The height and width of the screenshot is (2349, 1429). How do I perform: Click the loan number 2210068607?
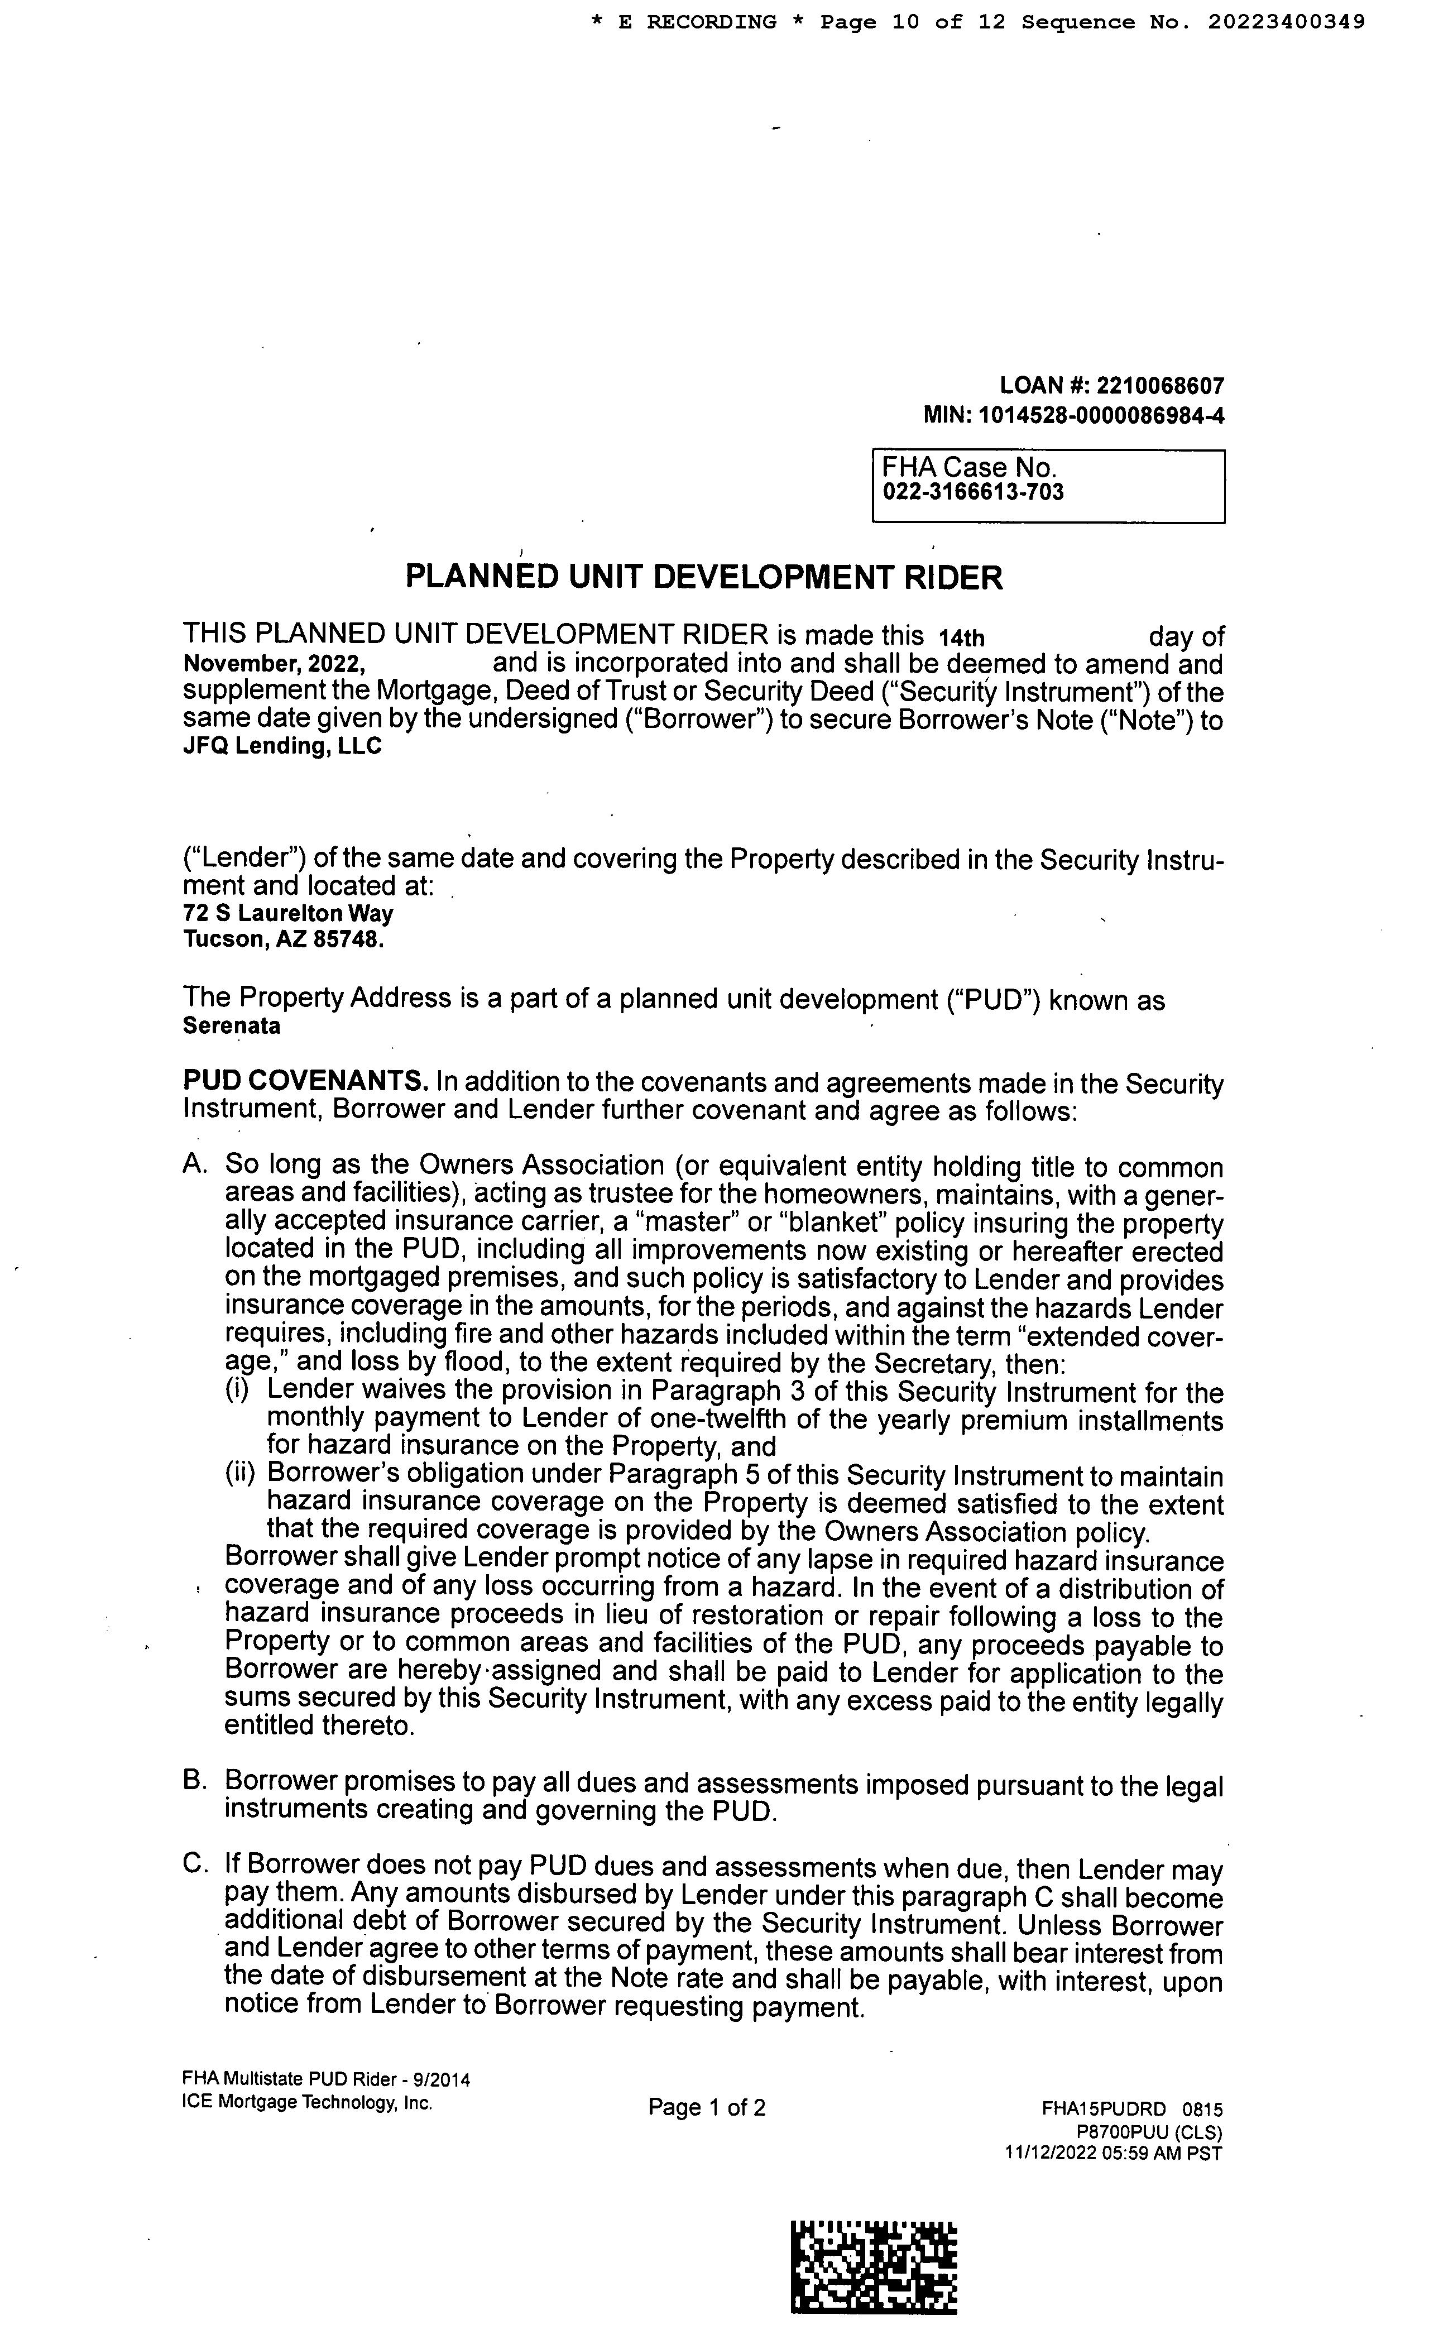pos(1160,386)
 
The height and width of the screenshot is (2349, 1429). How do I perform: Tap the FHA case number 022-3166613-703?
pos(972,493)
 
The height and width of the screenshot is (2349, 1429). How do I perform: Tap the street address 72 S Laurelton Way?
pos(288,913)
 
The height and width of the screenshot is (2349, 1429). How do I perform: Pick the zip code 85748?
pos(357,940)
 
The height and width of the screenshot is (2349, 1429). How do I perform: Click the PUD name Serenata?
pos(232,1027)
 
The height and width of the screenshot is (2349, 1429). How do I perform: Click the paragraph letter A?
pos(194,1165)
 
